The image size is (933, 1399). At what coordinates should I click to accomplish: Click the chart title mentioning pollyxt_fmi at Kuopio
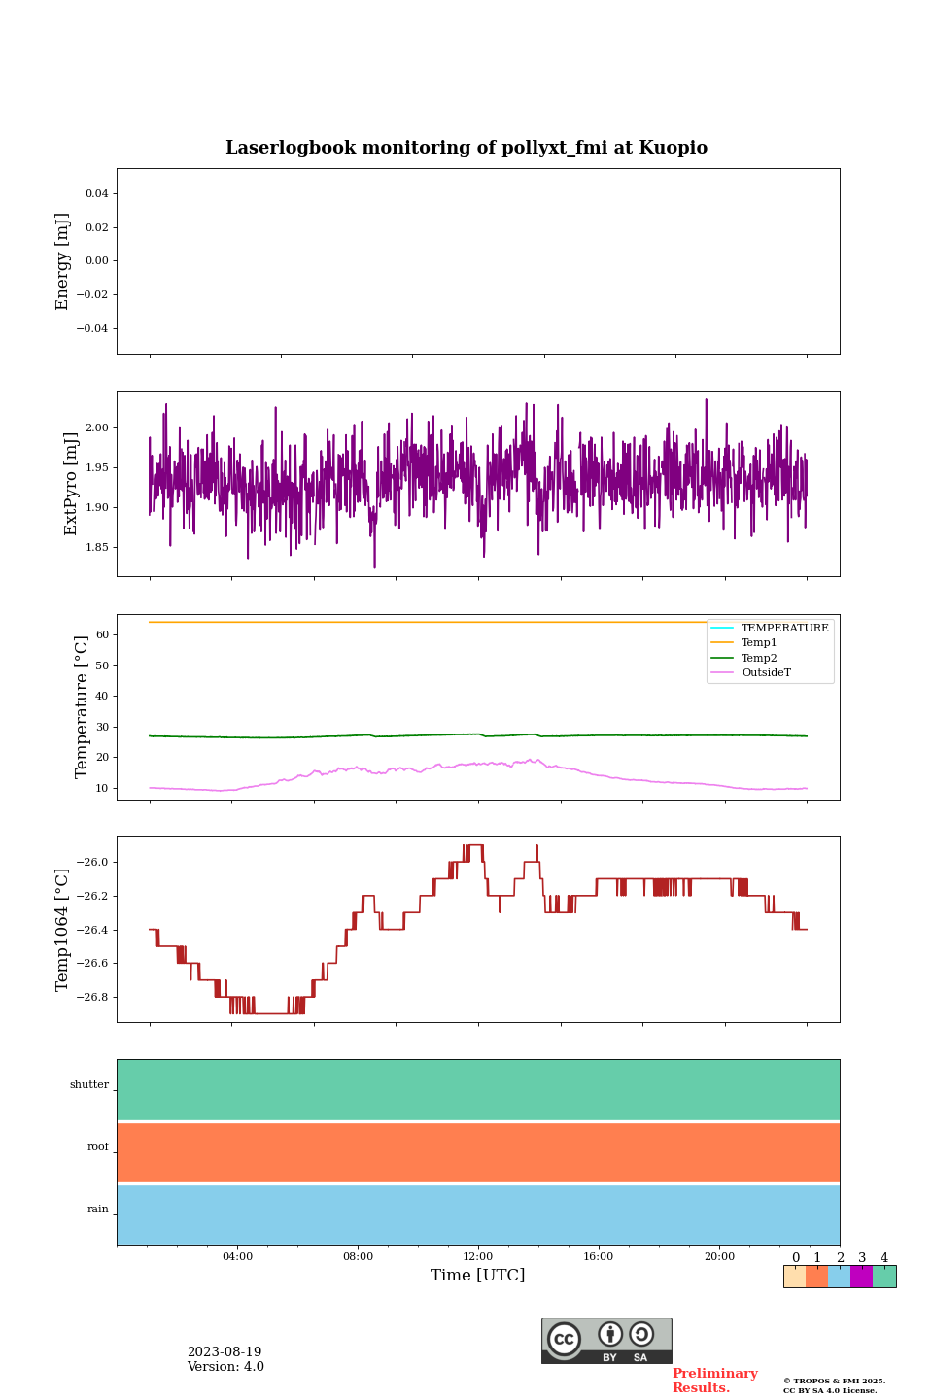(466, 148)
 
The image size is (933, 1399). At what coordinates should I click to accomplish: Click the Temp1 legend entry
(759, 643)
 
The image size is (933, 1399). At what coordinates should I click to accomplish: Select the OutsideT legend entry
(766, 673)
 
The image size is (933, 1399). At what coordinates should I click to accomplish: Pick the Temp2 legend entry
(759, 658)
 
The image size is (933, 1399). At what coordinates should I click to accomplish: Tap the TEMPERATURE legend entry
(784, 628)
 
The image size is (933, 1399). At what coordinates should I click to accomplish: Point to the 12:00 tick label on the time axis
(478, 1257)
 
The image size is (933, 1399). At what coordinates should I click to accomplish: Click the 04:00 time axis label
(237, 1257)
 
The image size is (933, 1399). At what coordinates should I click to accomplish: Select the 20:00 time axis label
(719, 1257)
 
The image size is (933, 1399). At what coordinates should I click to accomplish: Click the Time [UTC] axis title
(478, 1276)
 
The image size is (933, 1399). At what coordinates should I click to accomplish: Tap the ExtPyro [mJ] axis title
(71, 484)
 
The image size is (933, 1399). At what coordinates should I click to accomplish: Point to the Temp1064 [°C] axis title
(63, 930)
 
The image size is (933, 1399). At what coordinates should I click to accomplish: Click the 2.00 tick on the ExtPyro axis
(96, 428)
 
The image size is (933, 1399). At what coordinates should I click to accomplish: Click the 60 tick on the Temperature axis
(101, 635)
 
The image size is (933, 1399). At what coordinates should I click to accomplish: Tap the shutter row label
(89, 1085)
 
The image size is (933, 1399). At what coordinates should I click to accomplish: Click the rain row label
(98, 1210)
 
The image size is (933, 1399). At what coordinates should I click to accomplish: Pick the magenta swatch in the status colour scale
(861, 1277)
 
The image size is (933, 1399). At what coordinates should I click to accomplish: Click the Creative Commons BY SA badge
(606, 1341)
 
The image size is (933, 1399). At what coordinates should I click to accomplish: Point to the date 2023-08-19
(225, 1352)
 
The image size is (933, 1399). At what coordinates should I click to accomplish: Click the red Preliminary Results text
(714, 1381)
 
